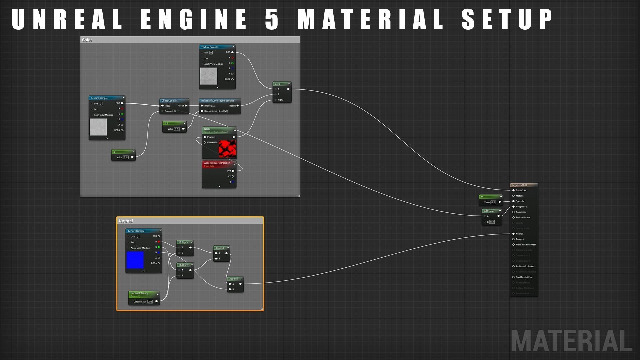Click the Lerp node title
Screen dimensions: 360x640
tap(277, 84)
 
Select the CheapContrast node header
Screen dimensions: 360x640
tap(170, 101)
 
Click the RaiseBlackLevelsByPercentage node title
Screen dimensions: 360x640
tap(218, 101)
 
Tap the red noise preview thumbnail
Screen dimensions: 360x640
tap(227, 148)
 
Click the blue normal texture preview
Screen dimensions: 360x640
tap(135, 260)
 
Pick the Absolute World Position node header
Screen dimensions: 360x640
tap(217, 163)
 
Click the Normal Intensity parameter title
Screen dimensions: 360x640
tap(139, 293)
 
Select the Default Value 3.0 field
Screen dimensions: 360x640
tap(150, 302)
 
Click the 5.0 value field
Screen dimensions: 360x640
tap(126, 157)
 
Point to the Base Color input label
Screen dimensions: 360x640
tap(521, 190)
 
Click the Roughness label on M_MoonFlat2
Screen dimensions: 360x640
tap(521, 207)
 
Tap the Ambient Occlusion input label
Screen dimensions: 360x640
tap(525, 266)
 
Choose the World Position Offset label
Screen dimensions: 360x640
tap(526, 245)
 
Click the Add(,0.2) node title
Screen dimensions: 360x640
tap(489, 211)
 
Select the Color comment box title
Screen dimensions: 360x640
tap(87, 40)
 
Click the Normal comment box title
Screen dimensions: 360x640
tap(126, 221)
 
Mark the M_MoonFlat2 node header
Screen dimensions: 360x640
tap(520, 185)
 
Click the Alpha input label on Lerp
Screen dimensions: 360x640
tap(281, 100)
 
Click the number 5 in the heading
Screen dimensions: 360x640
tap(272, 19)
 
